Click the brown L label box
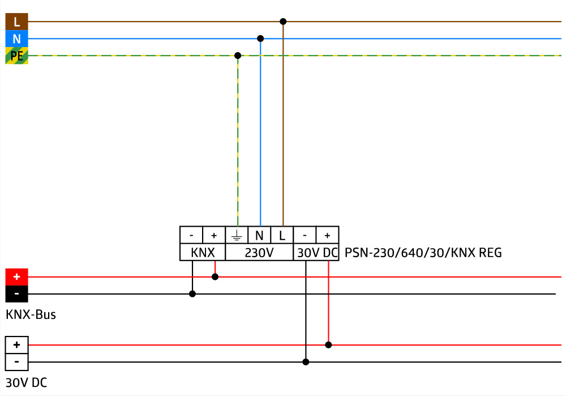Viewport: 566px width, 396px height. click(16, 22)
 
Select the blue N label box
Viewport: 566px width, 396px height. click(16, 39)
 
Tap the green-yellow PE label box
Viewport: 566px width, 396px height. click(16, 56)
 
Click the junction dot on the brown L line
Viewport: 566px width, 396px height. click(283, 22)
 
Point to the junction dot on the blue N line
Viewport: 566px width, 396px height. click(260, 39)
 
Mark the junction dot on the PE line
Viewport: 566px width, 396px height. click(238, 56)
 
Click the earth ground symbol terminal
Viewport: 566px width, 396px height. click(237, 235)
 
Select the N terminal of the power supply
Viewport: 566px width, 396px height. click(259, 235)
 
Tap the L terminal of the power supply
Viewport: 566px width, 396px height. click(282, 235)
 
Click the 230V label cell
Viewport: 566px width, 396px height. click(259, 253)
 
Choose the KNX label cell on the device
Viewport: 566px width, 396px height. click(203, 253)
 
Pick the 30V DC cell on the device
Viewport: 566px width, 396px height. click(316, 253)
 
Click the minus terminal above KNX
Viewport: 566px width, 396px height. click(191, 235)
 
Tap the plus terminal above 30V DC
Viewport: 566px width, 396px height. click(327, 235)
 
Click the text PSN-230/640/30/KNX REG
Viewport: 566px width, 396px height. click(423, 253)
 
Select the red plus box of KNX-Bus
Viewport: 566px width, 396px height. click(16, 277)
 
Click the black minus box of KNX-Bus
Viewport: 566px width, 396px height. click(16, 294)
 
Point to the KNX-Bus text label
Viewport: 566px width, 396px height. click(31, 314)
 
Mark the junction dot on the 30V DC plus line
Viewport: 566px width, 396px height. click(328, 344)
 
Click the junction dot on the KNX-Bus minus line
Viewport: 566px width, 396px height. click(192, 293)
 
